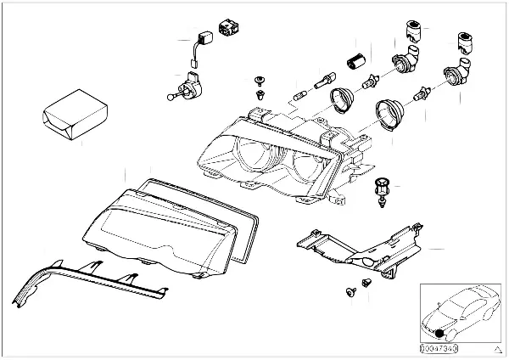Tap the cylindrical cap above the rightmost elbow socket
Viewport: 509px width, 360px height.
coord(465,40)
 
